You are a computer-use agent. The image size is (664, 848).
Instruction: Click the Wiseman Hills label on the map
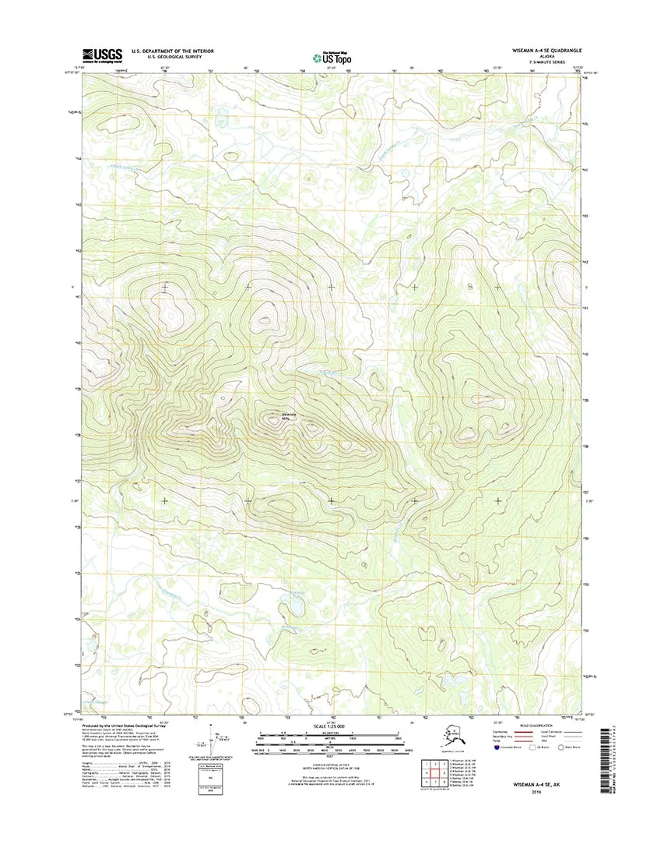[x=290, y=416]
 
